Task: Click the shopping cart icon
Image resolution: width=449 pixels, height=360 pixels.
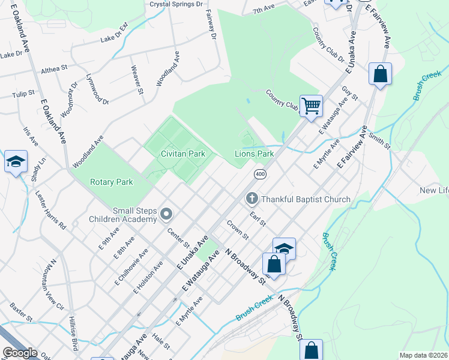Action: tap(311, 106)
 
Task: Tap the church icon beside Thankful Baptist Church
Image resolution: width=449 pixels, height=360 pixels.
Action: tap(252, 199)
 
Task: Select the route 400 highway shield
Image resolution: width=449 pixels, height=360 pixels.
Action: tap(260, 174)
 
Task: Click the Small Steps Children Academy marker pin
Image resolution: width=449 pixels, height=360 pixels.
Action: tap(166, 214)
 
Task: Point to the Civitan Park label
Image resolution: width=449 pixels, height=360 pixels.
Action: tap(183, 154)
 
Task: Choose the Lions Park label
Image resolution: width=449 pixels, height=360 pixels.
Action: tap(254, 154)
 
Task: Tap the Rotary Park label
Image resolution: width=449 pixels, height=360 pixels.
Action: tap(111, 182)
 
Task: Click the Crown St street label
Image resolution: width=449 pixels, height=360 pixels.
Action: tap(237, 229)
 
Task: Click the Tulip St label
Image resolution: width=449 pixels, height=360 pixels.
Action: tap(24, 95)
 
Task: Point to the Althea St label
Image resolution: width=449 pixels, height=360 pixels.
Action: tap(53, 70)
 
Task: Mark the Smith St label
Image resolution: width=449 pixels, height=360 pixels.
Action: tap(380, 142)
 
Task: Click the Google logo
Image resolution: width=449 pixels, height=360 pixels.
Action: tap(19, 353)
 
